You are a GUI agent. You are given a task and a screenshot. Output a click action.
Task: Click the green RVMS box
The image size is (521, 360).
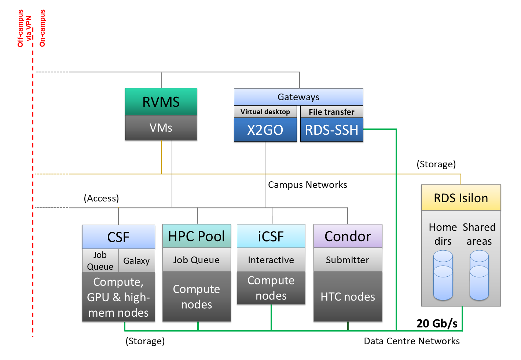[161, 102]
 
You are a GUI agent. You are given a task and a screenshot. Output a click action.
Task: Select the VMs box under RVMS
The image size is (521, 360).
[161, 128]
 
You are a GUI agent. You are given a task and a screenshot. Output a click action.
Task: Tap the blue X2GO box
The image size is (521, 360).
[265, 130]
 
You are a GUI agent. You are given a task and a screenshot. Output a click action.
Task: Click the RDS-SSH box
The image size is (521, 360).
[331, 130]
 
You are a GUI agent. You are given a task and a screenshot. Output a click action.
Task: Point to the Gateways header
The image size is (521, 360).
[298, 97]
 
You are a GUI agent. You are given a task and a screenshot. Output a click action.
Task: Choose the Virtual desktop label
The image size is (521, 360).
[265, 112]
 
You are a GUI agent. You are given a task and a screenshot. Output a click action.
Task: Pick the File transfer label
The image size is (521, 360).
[331, 112]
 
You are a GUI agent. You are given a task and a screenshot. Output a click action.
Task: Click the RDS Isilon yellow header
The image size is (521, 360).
[461, 198]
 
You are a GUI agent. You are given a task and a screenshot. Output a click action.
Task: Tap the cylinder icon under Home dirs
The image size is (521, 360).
[443, 275]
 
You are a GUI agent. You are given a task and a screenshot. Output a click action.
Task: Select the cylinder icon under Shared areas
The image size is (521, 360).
[479, 275]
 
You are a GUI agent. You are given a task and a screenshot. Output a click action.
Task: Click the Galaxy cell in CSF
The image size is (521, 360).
[136, 261]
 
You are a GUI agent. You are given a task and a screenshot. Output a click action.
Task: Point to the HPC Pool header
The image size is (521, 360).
[197, 236]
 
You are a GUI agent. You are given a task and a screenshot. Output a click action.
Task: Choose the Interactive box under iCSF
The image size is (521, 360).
[271, 260]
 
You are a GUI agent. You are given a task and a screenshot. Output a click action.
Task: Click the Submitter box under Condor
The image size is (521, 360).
[348, 260]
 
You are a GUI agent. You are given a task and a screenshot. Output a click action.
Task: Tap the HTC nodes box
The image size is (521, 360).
[348, 297]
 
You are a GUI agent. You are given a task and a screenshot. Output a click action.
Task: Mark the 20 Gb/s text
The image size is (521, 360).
[437, 323]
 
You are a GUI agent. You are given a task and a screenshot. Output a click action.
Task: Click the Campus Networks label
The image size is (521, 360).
[308, 185]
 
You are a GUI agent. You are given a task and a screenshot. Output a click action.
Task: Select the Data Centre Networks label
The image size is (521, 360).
[412, 341]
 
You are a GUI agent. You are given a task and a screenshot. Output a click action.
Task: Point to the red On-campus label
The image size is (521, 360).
[42, 28]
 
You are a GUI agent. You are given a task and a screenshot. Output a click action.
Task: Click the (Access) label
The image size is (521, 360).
[101, 198]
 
